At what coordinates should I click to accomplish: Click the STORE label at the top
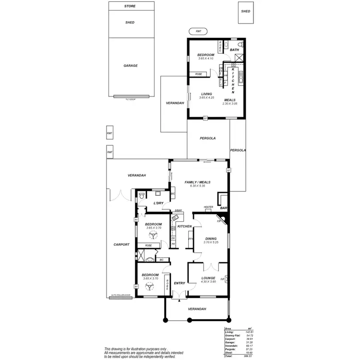tap(130, 6)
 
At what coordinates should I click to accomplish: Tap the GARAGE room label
tap(130, 66)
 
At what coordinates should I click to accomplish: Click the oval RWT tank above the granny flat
tap(199, 31)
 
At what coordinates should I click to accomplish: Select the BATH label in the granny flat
tap(234, 50)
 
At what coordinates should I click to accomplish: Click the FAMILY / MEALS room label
tap(198, 182)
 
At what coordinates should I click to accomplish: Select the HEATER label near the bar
tap(208, 207)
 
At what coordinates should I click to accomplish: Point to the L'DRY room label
tap(159, 204)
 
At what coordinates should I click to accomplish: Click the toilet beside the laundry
tap(142, 195)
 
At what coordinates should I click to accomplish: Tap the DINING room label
tap(211, 238)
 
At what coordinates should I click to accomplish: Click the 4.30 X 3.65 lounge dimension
tap(208, 282)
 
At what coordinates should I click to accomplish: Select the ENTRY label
tap(179, 283)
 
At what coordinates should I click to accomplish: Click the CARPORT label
tap(121, 244)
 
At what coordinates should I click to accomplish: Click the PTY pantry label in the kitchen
tap(191, 239)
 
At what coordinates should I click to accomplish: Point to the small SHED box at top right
tap(246, 12)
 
